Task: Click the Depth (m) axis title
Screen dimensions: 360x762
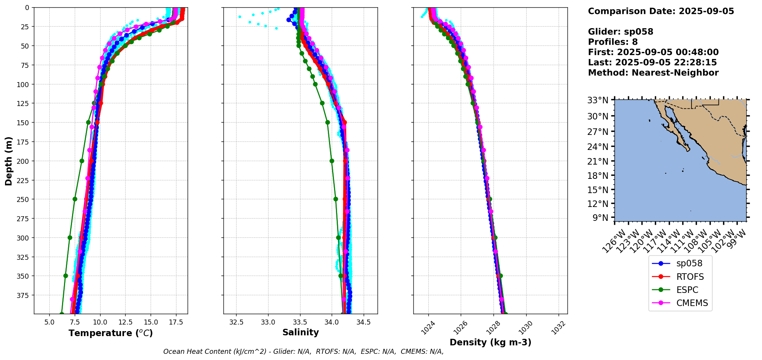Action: [x=8, y=161]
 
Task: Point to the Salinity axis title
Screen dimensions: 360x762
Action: [x=300, y=333]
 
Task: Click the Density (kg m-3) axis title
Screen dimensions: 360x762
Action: [x=490, y=342]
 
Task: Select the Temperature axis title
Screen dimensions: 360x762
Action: [x=111, y=333]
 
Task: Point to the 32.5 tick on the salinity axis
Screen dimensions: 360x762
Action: [x=236, y=322]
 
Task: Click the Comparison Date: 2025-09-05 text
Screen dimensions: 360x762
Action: [x=661, y=11]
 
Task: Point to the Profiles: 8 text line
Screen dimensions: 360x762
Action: [x=613, y=42]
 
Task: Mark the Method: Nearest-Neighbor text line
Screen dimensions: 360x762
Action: [x=653, y=73]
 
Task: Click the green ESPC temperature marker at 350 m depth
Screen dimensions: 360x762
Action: [x=65, y=276]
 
